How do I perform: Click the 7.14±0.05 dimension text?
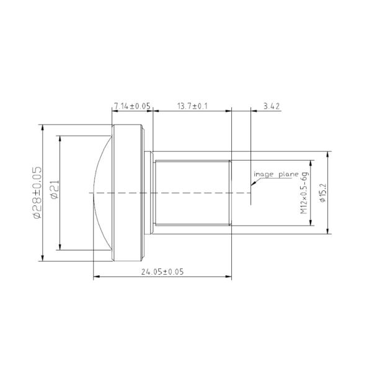pyautogui.click(x=131, y=107)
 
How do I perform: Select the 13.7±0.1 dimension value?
pyautogui.click(x=192, y=107)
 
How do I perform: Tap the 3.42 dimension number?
pyautogui.click(x=272, y=107)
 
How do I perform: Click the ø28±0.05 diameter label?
pyautogui.click(x=37, y=193)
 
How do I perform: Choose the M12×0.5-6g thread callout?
pyautogui.click(x=304, y=193)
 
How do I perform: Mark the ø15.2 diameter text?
pyautogui.click(x=322, y=193)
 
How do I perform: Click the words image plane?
pyautogui.click(x=277, y=175)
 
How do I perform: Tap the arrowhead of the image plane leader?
pyautogui.click(x=251, y=185)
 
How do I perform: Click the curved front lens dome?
pyautogui.click(x=99, y=193)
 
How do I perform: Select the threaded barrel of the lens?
pyautogui.click(x=192, y=193)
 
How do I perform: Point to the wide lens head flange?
pyautogui.click(x=127, y=193)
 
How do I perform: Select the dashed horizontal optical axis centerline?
pyautogui.click(x=174, y=193)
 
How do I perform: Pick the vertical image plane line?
pyautogui.click(x=250, y=155)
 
